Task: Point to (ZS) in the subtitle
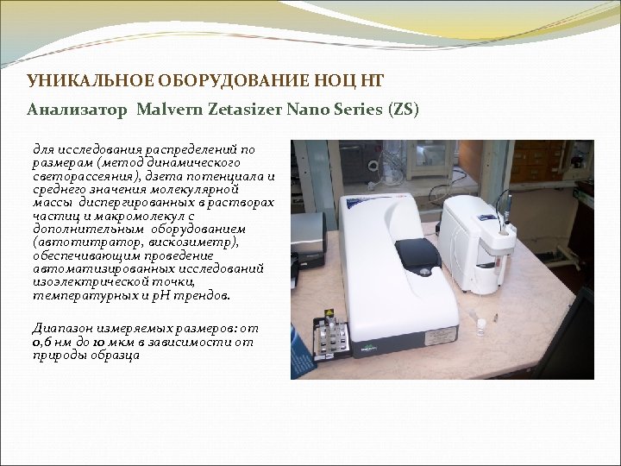[404, 110]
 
